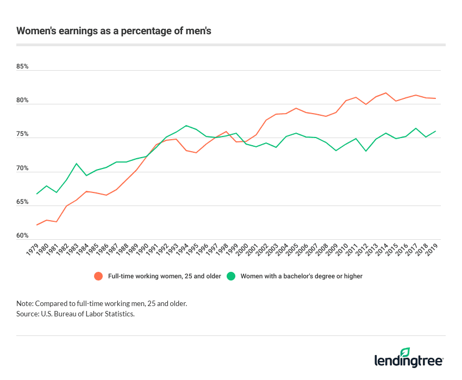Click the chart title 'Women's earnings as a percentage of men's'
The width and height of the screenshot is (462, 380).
point(114,30)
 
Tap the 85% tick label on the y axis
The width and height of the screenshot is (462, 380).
point(22,67)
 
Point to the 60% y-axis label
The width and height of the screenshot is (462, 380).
point(22,236)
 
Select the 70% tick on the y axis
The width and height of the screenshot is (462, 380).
point(22,169)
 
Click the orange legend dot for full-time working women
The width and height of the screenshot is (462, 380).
point(98,276)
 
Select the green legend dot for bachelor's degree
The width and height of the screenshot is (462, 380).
point(231,276)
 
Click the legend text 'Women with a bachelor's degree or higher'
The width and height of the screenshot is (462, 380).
point(301,276)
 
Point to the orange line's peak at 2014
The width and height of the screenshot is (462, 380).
point(386,93)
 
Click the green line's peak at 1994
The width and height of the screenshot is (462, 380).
point(186,126)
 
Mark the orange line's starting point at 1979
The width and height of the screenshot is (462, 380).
point(36,225)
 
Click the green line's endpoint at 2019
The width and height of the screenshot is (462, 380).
point(436,131)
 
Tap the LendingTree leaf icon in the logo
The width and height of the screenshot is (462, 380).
point(404,352)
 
